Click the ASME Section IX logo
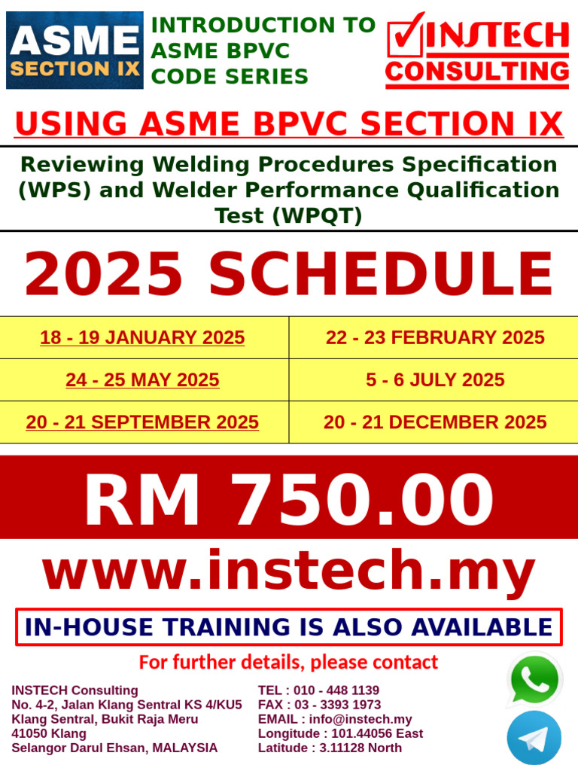(75, 50)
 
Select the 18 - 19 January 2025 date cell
(142, 337)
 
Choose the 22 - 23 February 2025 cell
(435, 337)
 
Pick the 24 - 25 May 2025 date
(142, 380)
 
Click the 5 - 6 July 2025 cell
(435, 380)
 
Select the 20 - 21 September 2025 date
(142, 422)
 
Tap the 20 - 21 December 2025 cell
(435, 422)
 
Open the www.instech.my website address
(289, 573)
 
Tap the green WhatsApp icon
(534, 680)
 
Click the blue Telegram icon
(534, 739)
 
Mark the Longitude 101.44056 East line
(340, 733)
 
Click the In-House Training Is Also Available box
(289, 627)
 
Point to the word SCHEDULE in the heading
(381, 275)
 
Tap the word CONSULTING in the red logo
(477, 72)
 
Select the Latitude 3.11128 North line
(330, 748)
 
